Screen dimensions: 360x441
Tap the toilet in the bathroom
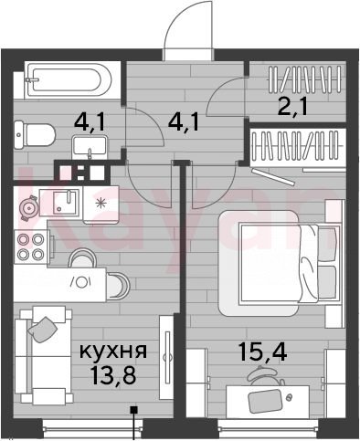coord(35,135)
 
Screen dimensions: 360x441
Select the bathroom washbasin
coord(90,148)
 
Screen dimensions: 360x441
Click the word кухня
coord(113,352)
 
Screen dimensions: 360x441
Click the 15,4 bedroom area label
coord(262,352)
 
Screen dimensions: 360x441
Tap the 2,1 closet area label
coord(292,107)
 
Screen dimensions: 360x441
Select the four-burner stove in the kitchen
coord(31,247)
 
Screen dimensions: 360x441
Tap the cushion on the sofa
coord(42,330)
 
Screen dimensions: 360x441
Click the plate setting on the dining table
coord(80,282)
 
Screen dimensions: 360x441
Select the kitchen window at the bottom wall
coord(92,429)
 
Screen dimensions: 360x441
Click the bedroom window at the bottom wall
coord(269,429)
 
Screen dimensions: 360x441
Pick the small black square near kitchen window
coord(133,410)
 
